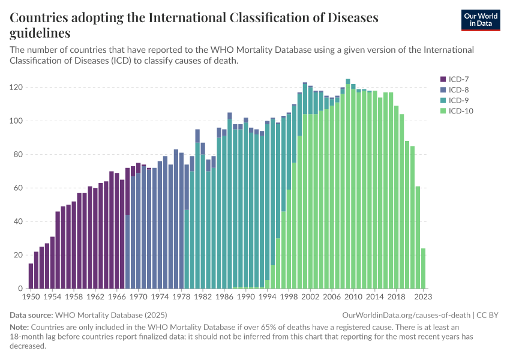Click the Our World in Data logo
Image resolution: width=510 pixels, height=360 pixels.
[480, 19]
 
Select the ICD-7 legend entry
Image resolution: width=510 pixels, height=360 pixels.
[457, 79]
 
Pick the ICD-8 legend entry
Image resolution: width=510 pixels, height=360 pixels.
[457, 89]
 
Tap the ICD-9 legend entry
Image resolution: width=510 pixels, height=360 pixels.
[457, 100]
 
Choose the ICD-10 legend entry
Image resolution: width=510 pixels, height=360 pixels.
[459, 111]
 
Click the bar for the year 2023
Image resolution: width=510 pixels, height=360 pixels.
[423, 268]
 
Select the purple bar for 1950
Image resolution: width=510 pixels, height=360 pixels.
[31, 276]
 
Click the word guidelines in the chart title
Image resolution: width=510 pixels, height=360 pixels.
[40, 32]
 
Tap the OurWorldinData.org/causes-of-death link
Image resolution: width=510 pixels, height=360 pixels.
[406, 315]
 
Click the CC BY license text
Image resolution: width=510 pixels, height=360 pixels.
[488, 315]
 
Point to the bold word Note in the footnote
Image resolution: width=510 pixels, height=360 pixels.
[19, 327]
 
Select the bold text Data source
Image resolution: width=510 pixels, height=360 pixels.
[31, 315]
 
